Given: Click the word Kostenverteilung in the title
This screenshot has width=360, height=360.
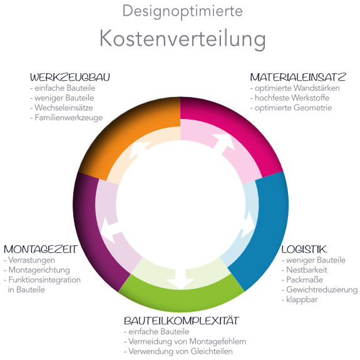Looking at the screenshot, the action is pos(183,39).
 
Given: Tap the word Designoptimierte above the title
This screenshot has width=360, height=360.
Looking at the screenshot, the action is pos(183,11).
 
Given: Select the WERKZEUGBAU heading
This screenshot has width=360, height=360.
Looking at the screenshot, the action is pos(70,78).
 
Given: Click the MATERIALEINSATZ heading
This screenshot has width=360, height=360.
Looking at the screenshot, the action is pos(298,77).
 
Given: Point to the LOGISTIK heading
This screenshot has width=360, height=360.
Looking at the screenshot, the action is pos(304,249).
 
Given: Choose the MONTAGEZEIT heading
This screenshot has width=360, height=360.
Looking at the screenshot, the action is pos(41,249).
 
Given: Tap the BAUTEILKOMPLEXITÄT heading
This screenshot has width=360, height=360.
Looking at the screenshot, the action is pos(182,321).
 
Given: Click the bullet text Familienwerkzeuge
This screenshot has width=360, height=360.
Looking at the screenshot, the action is pos(66,118).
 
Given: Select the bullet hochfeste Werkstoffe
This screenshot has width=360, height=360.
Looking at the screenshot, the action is pos(290,98).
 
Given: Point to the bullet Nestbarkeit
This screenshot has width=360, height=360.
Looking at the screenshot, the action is pos(304,270).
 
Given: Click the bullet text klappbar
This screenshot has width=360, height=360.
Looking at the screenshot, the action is pos(300,300).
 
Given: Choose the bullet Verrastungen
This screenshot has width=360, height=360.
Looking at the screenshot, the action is pos(29,260).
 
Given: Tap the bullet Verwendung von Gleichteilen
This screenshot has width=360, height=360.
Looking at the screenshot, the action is pos(178,351).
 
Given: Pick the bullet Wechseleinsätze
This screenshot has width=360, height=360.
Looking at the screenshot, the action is pos(61,108).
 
